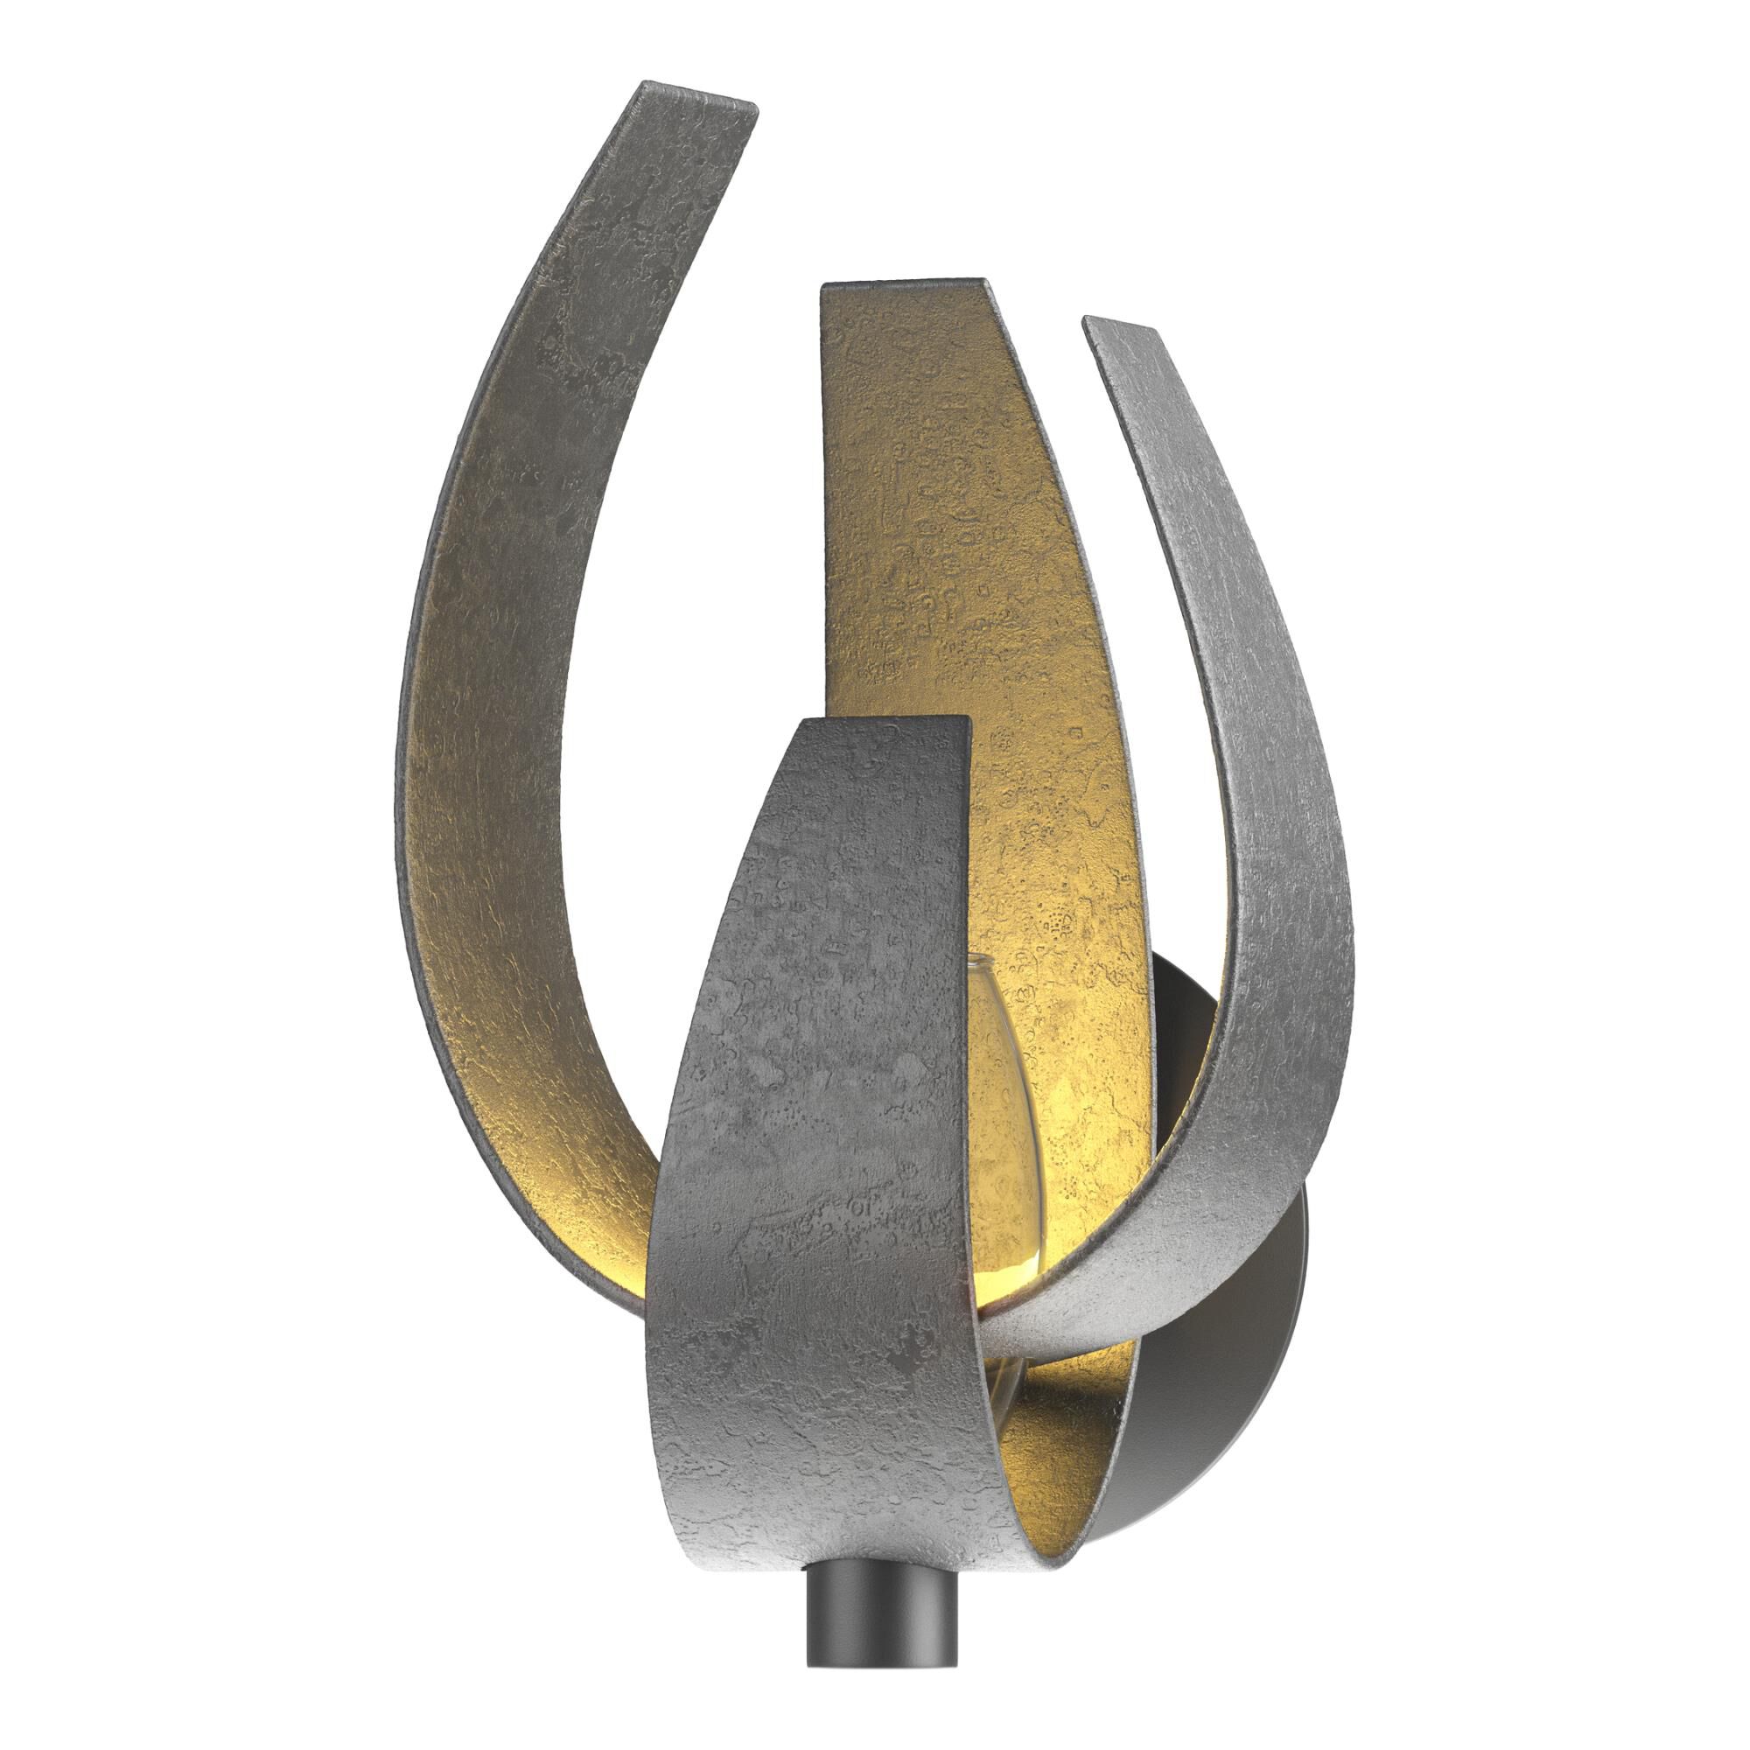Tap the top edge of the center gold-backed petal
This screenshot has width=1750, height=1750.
[x=901, y=285]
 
